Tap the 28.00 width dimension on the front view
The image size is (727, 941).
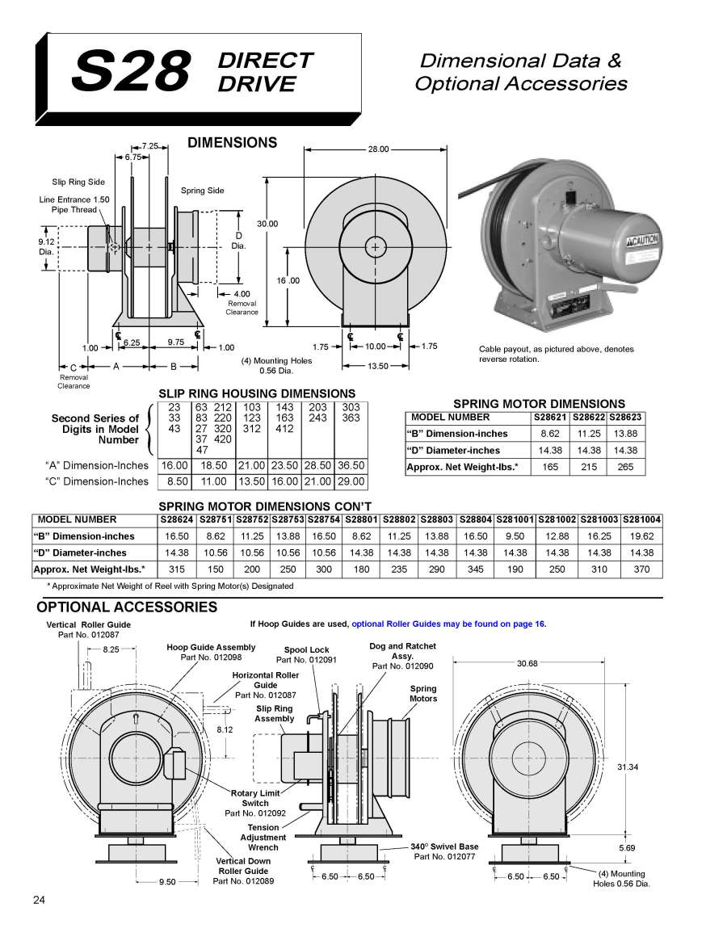coord(378,149)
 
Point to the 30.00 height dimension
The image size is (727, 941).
coord(267,223)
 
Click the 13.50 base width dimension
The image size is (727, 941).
coord(378,365)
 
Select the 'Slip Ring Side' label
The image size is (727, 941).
coord(78,183)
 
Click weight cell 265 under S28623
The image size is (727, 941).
coord(626,467)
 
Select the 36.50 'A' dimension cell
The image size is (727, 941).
coord(351,465)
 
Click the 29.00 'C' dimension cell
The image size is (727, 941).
coord(351,481)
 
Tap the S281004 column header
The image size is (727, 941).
coord(642,519)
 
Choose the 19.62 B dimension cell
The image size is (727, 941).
coord(642,536)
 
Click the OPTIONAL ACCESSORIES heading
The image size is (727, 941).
coord(127,607)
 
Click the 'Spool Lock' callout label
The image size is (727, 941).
coord(306,650)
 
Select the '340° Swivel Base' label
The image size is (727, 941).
coord(444,846)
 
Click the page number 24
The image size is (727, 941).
coord(40,901)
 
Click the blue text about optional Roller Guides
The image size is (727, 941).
coord(448,624)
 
